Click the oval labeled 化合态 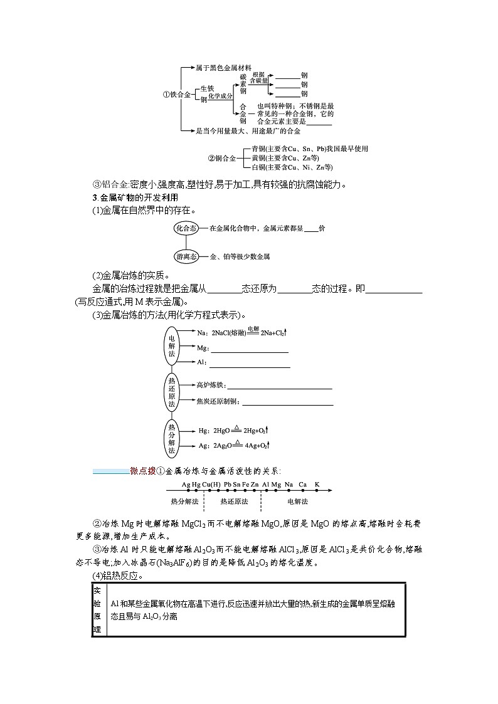186,229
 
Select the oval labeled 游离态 186,256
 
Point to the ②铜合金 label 221,159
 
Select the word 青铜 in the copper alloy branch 257,149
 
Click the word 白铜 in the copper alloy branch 257,168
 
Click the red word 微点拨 142,471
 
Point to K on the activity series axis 317,485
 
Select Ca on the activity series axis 302,485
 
